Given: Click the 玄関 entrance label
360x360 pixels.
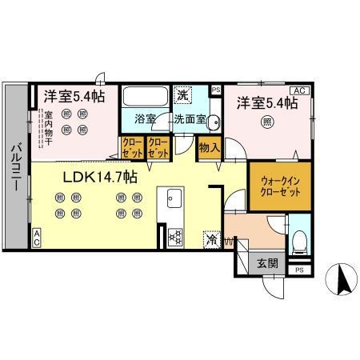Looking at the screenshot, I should pos(266,262).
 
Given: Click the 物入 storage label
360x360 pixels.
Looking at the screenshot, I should pos(209,148).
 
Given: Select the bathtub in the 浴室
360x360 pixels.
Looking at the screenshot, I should pos(146,97).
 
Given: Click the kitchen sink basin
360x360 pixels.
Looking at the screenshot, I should pos(174,198).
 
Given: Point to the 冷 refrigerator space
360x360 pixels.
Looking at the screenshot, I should pos(212,238).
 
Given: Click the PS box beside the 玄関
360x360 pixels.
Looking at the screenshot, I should pos(299,270).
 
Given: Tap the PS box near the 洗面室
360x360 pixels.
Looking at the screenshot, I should pos(215,90).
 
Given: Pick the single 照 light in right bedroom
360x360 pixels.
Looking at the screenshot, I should pos(267,122).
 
